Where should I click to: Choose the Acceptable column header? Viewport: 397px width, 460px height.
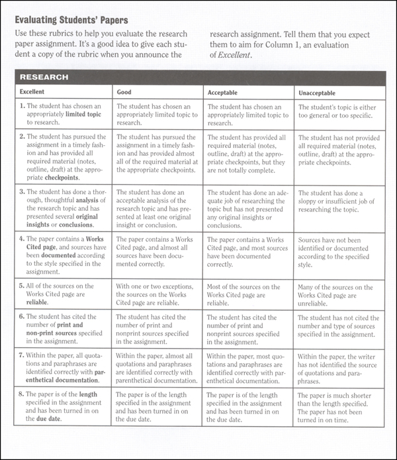pyautogui.click(x=222, y=91)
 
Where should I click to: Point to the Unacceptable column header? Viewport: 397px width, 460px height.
pyautogui.click(x=320, y=91)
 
